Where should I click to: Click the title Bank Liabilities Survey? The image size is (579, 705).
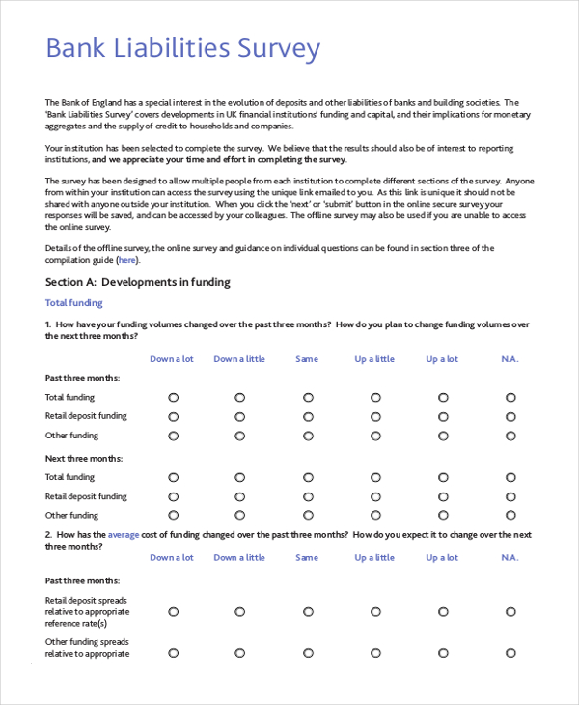[x=183, y=49]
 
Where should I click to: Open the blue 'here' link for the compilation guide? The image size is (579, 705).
[x=127, y=260]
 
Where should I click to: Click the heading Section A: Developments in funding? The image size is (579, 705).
[x=138, y=282]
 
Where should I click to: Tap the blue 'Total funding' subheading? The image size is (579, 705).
[x=74, y=303]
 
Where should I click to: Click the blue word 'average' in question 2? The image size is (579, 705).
[x=124, y=534]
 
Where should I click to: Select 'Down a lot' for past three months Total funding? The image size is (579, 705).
[x=174, y=397]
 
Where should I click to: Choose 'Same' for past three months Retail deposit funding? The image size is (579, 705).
[x=308, y=416]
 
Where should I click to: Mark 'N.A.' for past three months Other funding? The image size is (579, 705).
[x=510, y=436]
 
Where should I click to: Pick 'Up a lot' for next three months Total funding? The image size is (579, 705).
[x=443, y=477]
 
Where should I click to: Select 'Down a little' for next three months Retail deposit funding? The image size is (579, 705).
[x=239, y=496]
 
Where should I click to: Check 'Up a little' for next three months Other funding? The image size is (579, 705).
[x=374, y=516]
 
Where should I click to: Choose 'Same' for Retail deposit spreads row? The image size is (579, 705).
[x=308, y=611]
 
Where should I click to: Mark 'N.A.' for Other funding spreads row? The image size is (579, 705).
[x=510, y=653]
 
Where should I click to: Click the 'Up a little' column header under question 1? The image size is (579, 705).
[x=374, y=359]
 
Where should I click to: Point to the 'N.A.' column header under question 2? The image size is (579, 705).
[x=510, y=557]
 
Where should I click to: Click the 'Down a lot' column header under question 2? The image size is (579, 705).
[x=172, y=557]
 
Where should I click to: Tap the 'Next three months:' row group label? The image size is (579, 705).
[x=84, y=458]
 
